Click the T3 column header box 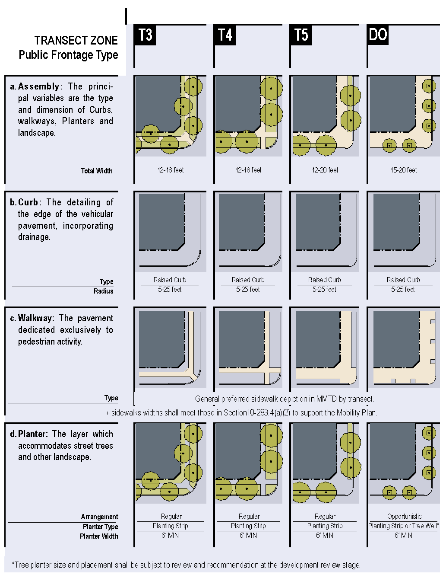click(x=145, y=35)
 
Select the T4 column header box click(x=225, y=35)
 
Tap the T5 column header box click(x=300, y=35)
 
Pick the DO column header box click(x=378, y=35)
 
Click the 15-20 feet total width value click(x=404, y=170)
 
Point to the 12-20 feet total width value click(x=325, y=170)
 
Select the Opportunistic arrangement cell click(x=404, y=516)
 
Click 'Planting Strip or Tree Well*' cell click(x=404, y=526)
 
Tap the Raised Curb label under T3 click(x=170, y=280)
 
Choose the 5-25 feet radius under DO click(x=403, y=289)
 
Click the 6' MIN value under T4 click(x=248, y=535)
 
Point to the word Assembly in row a click(x=39, y=87)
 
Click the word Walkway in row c click(x=35, y=318)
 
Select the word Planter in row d click(x=32, y=434)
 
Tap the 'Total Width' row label click(x=97, y=171)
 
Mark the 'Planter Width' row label click(x=99, y=536)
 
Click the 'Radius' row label click(x=103, y=291)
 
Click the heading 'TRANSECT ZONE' click(x=76, y=41)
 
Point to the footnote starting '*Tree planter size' click(x=186, y=565)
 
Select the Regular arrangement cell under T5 click(x=325, y=516)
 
